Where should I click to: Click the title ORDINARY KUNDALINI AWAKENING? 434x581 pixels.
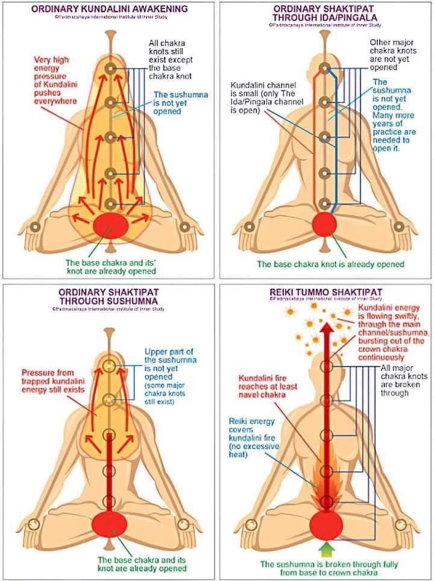click(109, 9)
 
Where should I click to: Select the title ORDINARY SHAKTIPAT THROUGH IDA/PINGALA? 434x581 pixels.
click(325, 13)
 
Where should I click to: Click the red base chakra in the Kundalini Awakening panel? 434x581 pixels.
click(110, 227)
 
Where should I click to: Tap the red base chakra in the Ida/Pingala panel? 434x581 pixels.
click(324, 224)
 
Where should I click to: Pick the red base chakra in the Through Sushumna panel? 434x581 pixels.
click(109, 523)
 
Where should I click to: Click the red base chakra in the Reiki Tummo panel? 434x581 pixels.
click(325, 524)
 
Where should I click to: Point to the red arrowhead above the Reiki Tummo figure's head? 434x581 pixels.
click(325, 328)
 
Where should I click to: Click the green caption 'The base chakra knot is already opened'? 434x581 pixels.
click(330, 264)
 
